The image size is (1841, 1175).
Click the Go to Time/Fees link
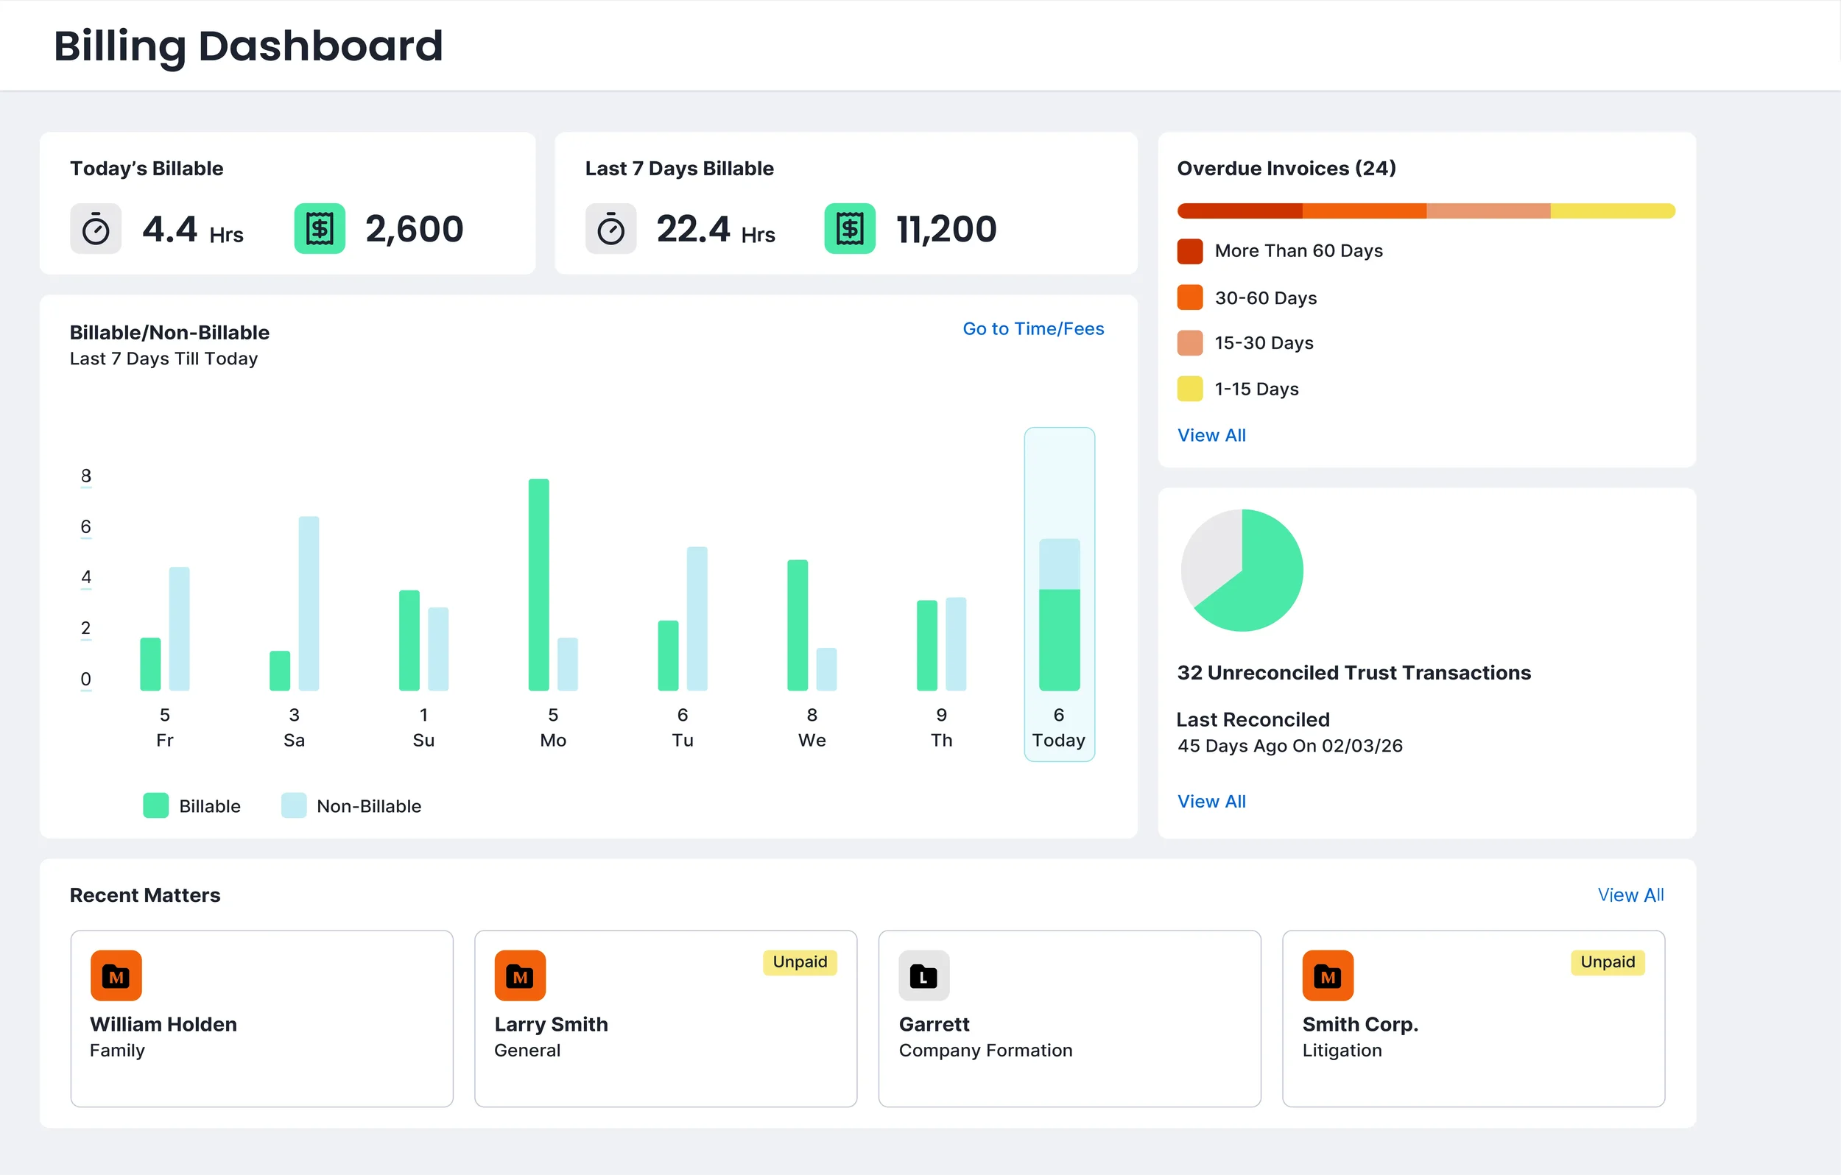click(1033, 329)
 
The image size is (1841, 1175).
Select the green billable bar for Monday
click(538, 585)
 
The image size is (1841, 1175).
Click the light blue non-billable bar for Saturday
click(309, 603)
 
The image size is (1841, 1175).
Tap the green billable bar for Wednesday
click(798, 625)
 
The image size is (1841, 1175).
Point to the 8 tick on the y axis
click(85, 476)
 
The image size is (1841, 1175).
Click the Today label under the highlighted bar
click(1058, 740)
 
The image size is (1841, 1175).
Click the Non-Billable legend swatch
click(294, 805)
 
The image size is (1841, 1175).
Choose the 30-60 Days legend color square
click(1189, 297)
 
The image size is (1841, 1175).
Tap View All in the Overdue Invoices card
click(1211, 435)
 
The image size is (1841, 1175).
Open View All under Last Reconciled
click(1211, 801)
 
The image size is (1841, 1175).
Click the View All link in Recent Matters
click(1630, 895)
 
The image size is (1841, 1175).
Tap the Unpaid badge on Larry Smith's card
click(799, 961)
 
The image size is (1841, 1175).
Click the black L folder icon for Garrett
click(923, 975)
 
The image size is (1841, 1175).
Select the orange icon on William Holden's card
click(116, 975)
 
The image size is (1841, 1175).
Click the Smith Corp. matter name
click(1359, 1023)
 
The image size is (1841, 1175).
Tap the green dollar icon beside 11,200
click(849, 228)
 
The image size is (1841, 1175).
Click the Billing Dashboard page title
click(247, 46)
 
